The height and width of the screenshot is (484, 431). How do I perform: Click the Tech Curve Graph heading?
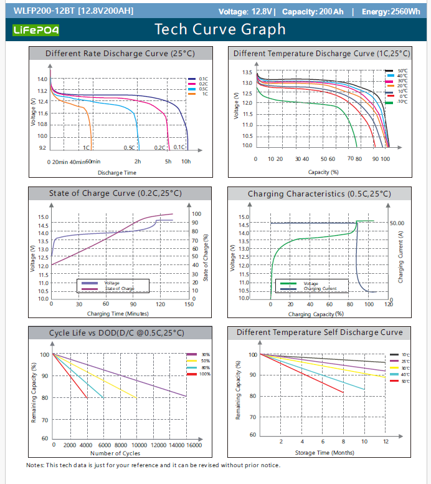220,29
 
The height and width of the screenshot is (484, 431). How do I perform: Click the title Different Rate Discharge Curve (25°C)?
120,54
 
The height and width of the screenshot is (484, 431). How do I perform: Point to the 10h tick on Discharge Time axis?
186,162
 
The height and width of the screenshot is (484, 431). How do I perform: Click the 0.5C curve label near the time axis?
129,148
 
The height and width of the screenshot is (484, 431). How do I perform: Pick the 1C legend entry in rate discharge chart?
203,94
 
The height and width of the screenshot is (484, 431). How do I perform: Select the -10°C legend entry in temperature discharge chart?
402,101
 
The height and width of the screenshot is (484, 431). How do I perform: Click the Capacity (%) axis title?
323,172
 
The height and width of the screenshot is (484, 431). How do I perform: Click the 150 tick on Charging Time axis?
189,304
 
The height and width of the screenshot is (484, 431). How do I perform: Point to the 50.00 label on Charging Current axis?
397,223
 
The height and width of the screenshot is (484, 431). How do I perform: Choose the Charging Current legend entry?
320,289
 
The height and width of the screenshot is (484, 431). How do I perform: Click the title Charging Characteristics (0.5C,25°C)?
319,194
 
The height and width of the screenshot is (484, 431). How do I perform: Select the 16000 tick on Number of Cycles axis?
194,445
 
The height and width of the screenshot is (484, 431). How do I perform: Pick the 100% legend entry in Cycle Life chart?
206,374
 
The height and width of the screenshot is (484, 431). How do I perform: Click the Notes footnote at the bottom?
153,465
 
